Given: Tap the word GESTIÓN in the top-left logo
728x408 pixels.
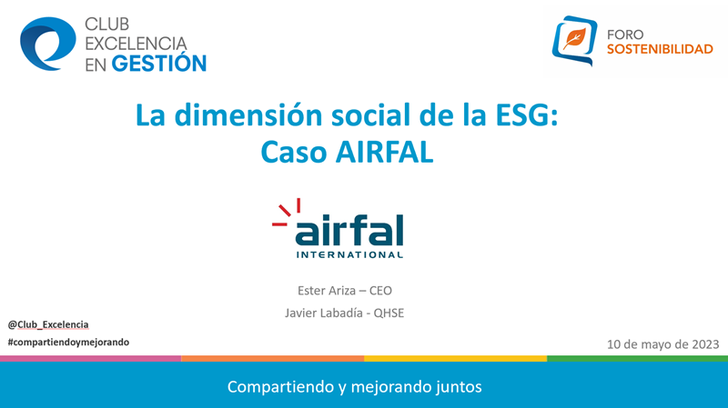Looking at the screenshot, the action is tap(159, 63).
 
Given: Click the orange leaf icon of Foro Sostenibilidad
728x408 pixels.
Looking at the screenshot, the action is tap(574, 39).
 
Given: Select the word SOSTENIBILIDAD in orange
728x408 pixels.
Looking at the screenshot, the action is tap(660, 49).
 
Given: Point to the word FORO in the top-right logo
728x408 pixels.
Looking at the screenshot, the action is tap(625, 35).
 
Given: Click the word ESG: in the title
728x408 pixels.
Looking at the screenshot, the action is tap(527, 115).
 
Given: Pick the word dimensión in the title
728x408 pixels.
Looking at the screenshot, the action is tap(248, 114).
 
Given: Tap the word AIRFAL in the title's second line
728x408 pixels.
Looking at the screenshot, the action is tap(384, 152).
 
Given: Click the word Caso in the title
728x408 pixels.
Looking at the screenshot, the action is tap(293, 152).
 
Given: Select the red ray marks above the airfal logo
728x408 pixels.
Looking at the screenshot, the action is tap(287, 213).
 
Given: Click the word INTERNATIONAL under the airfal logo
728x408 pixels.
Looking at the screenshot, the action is tap(349, 254).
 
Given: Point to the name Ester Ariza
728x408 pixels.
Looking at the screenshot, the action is tap(327, 291).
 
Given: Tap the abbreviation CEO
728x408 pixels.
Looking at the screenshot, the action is tap(380, 291).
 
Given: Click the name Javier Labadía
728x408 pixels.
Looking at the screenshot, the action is tap(324, 313).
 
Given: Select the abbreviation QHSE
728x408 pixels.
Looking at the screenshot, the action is tap(389, 313).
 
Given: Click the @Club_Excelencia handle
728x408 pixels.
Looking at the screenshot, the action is tap(48, 324).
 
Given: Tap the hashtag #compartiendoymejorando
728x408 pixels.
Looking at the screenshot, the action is tap(69, 343).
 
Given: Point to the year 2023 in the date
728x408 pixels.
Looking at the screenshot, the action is tap(705, 344).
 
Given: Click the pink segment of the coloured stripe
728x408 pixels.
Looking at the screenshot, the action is tap(90, 358).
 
